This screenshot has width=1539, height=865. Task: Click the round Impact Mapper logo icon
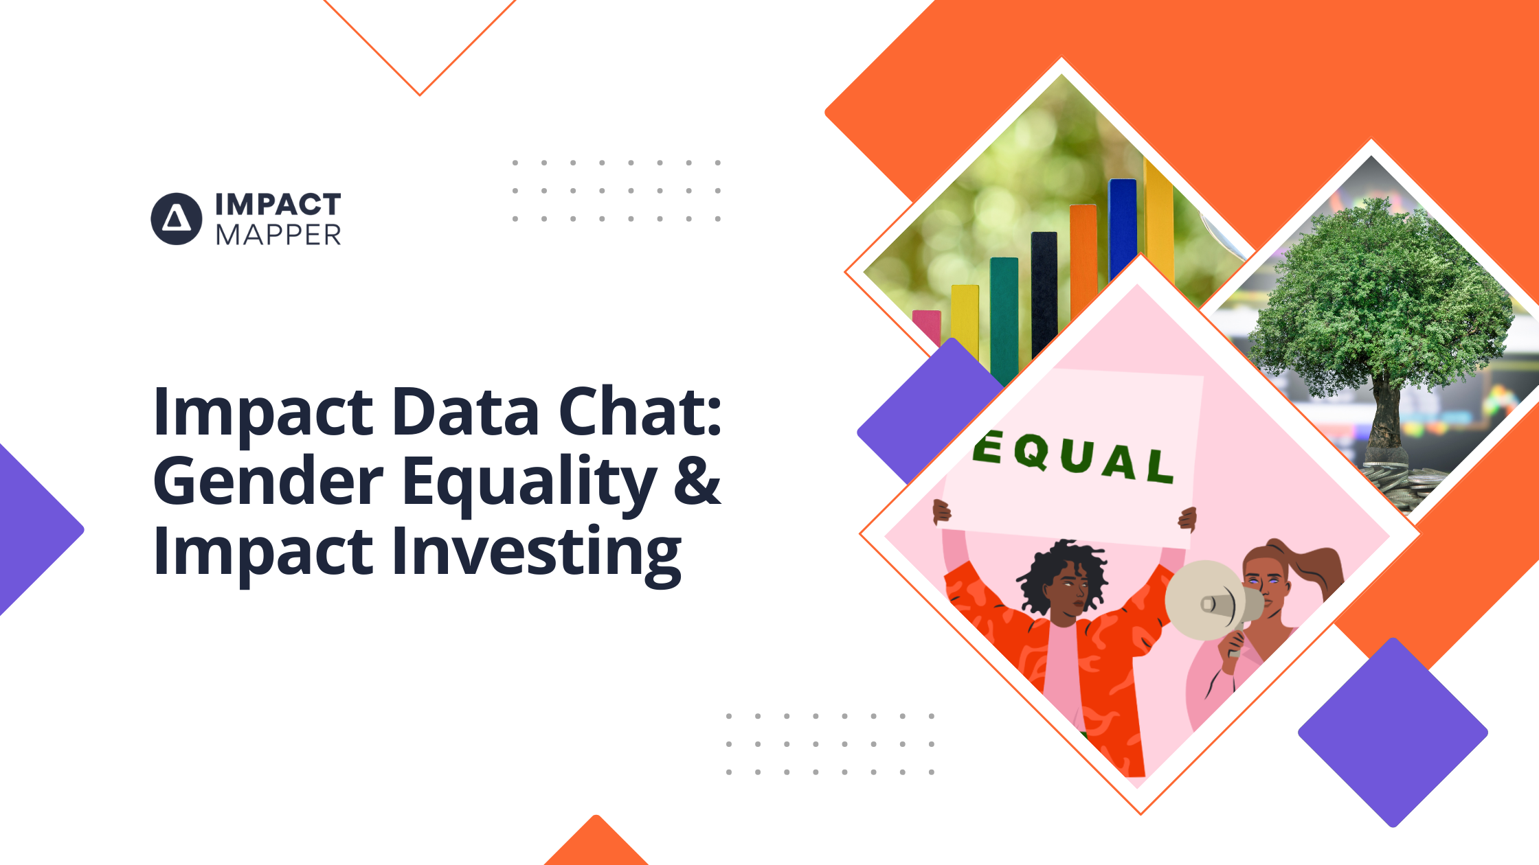177,219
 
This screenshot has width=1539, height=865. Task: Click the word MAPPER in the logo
278,235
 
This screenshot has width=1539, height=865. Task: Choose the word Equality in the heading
529,483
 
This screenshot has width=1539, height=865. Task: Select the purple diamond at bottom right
1393,733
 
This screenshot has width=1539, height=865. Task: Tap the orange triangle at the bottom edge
596,844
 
